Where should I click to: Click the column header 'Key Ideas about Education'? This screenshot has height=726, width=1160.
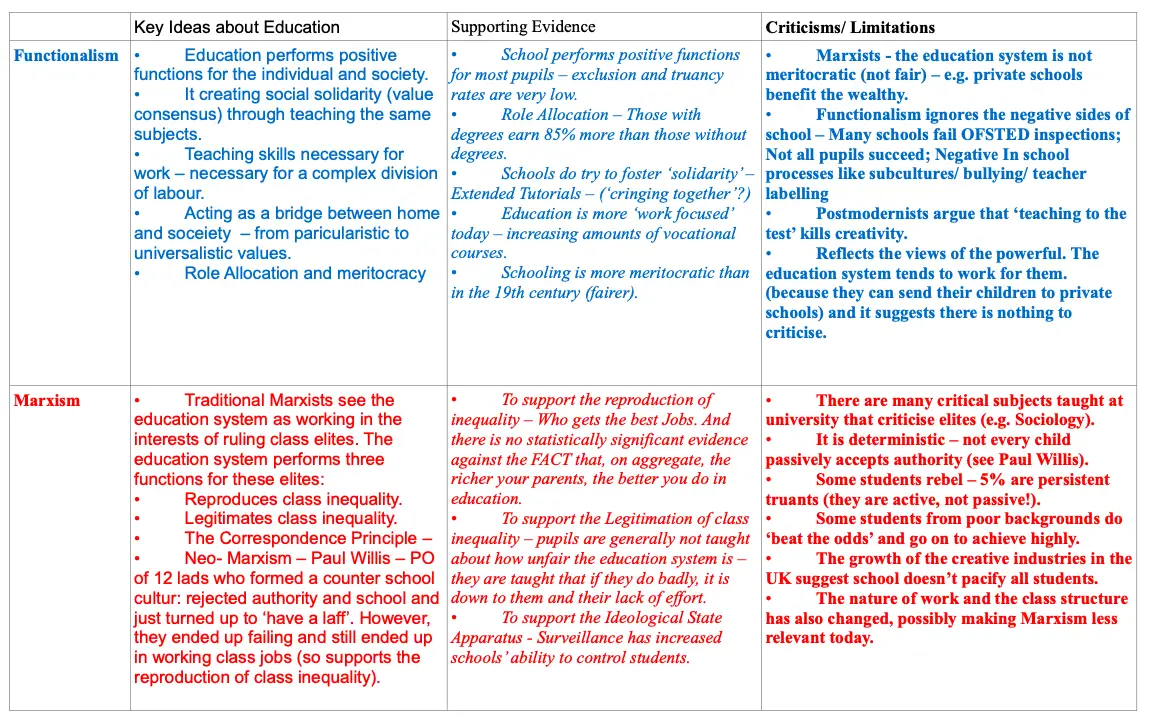[237, 27]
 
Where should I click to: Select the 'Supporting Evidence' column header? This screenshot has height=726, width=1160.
[523, 27]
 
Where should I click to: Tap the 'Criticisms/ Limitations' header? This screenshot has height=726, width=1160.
[850, 27]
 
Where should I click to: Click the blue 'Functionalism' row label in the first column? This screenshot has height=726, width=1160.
[66, 56]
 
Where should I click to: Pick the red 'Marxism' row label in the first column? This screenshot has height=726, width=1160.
[47, 401]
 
